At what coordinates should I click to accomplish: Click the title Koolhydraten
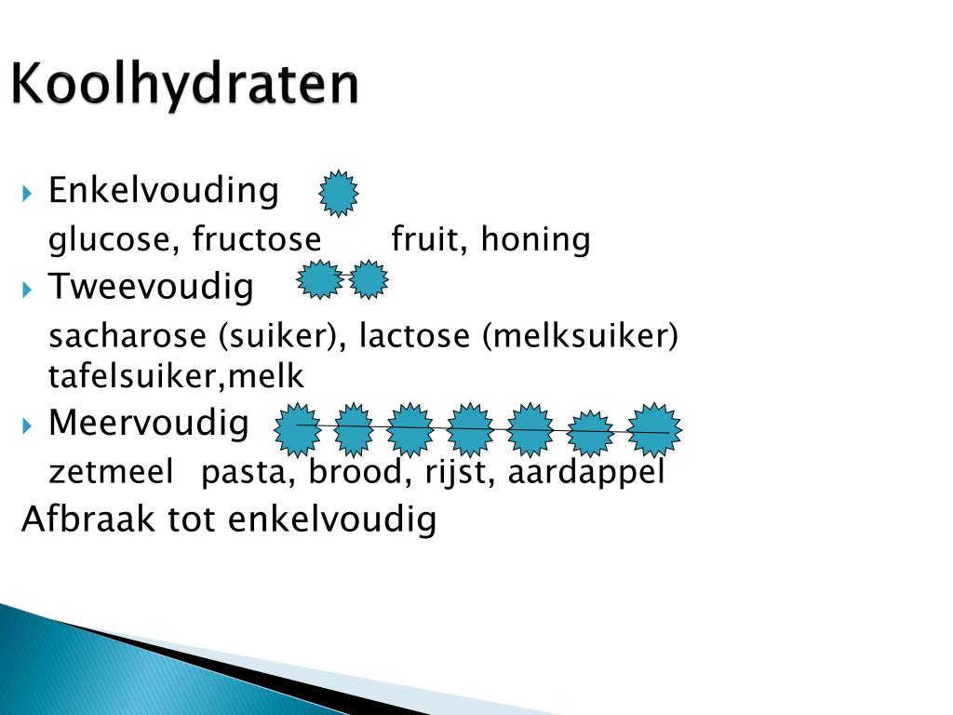click(x=184, y=86)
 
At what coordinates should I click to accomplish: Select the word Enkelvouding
click(x=163, y=191)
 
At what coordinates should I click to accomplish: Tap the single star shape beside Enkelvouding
click(x=339, y=194)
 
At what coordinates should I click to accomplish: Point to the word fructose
click(x=257, y=240)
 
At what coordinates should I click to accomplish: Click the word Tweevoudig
click(x=151, y=287)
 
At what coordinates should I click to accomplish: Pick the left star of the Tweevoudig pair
click(x=320, y=280)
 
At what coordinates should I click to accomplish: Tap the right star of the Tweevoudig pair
click(x=369, y=280)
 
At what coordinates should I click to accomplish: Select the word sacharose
click(x=129, y=336)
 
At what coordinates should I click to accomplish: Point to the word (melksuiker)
click(x=580, y=336)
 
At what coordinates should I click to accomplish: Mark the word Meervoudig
click(x=149, y=425)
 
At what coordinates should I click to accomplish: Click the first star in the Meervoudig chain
click(x=298, y=427)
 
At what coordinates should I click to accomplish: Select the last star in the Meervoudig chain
click(x=655, y=430)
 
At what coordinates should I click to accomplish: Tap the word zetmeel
click(x=111, y=473)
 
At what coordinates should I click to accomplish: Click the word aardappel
click(x=586, y=473)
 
